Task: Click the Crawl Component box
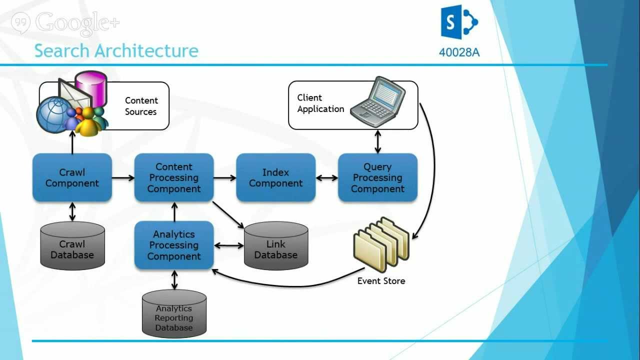pos(72,177)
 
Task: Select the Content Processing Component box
pos(174,177)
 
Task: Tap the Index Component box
pos(275,177)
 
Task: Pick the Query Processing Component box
pos(377,177)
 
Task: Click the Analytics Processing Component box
pos(174,245)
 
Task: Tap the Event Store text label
pos(381,281)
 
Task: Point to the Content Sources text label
pos(141,106)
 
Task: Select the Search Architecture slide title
pos(116,50)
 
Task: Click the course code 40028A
pos(459,52)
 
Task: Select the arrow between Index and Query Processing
pos(326,177)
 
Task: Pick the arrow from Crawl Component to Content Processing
pos(123,177)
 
